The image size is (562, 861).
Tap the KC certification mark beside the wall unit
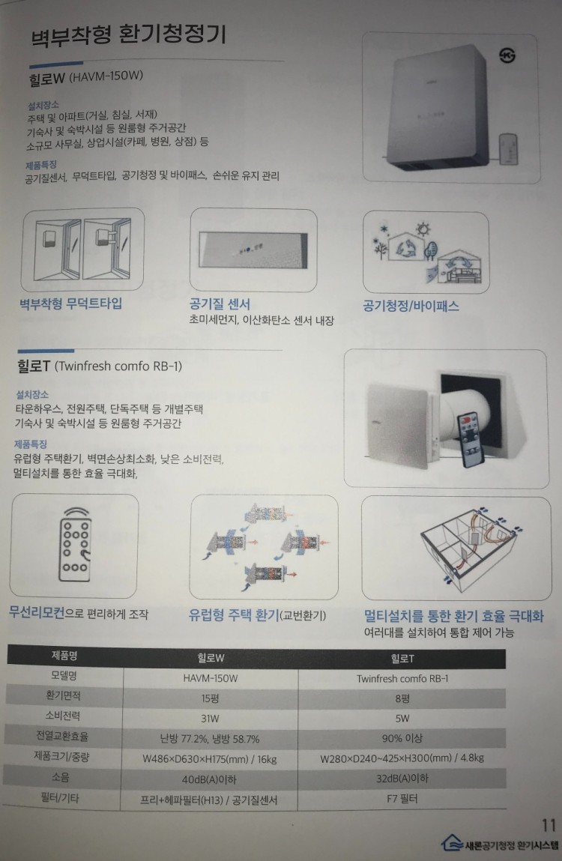click(x=507, y=55)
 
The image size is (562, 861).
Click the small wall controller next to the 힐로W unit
click(x=508, y=150)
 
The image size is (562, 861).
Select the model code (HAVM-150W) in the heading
click(x=106, y=76)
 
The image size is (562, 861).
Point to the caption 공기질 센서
click(x=220, y=304)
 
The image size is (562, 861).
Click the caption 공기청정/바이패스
click(x=411, y=306)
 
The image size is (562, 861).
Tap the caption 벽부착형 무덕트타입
click(x=71, y=303)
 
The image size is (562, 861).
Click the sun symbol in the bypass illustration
click(x=423, y=229)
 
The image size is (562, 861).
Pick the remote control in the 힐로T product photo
click(x=471, y=439)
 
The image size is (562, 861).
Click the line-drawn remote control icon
click(x=74, y=545)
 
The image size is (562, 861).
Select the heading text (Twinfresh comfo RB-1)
click(x=118, y=366)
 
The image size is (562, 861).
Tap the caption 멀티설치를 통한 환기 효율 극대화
click(x=454, y=616)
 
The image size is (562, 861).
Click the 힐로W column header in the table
click(x=211, y=658)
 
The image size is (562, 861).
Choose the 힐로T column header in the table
click(x=402, y=659)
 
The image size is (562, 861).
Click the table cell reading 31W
click(x=210, y=718)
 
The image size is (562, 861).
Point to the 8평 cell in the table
click(x=402, y=698)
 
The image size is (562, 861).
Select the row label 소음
click(x=61, y=777)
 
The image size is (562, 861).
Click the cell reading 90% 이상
click(x=402, y=738)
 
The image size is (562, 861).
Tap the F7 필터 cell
click(x=402, y=798)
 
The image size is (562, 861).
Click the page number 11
click(x=549, y=825)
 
